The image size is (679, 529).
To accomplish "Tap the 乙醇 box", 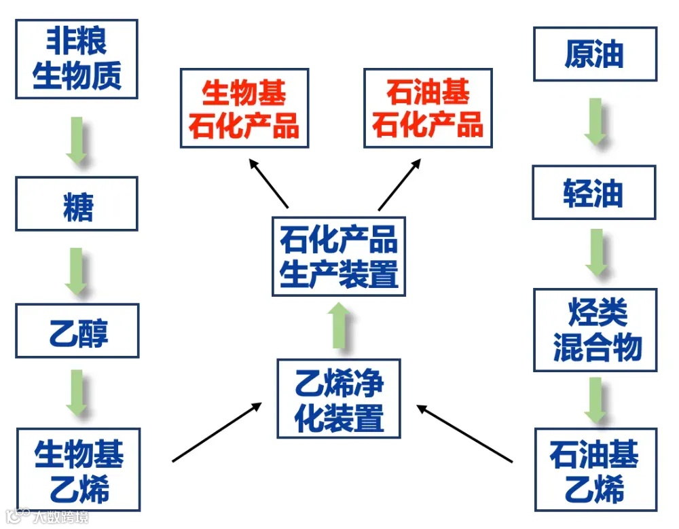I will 77,331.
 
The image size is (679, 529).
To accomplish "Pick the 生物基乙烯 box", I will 78,469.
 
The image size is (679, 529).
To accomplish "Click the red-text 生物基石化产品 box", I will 244,108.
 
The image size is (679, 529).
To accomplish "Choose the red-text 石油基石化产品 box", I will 428,108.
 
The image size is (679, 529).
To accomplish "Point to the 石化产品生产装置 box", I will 338,257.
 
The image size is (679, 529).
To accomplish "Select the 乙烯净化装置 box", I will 339,398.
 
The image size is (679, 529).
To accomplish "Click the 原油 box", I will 595,54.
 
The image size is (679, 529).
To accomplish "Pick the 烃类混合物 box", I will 595,330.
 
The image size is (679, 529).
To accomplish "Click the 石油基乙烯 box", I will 595,469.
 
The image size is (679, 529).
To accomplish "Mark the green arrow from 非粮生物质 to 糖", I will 77,139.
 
